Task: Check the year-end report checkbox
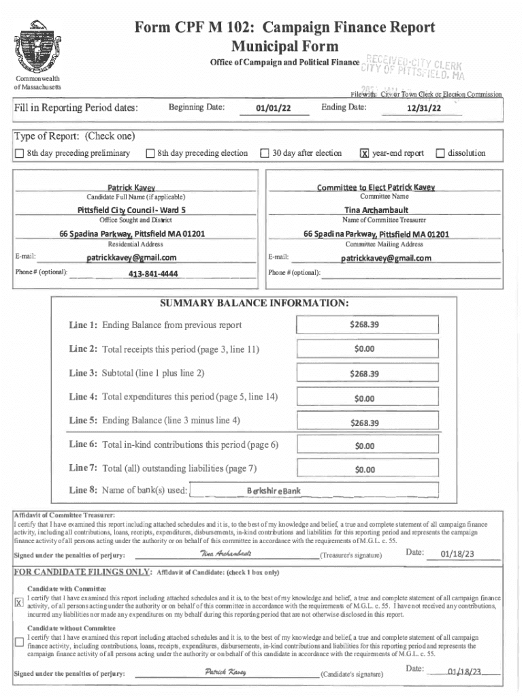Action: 365,154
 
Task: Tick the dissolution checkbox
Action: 440,154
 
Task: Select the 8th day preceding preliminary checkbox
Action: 18,154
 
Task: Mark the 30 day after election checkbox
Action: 265,154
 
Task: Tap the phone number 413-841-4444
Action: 153,274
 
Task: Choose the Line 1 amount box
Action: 364,325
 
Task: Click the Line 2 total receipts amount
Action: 364,349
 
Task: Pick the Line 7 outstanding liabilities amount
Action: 364,470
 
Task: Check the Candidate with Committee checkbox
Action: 19,602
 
